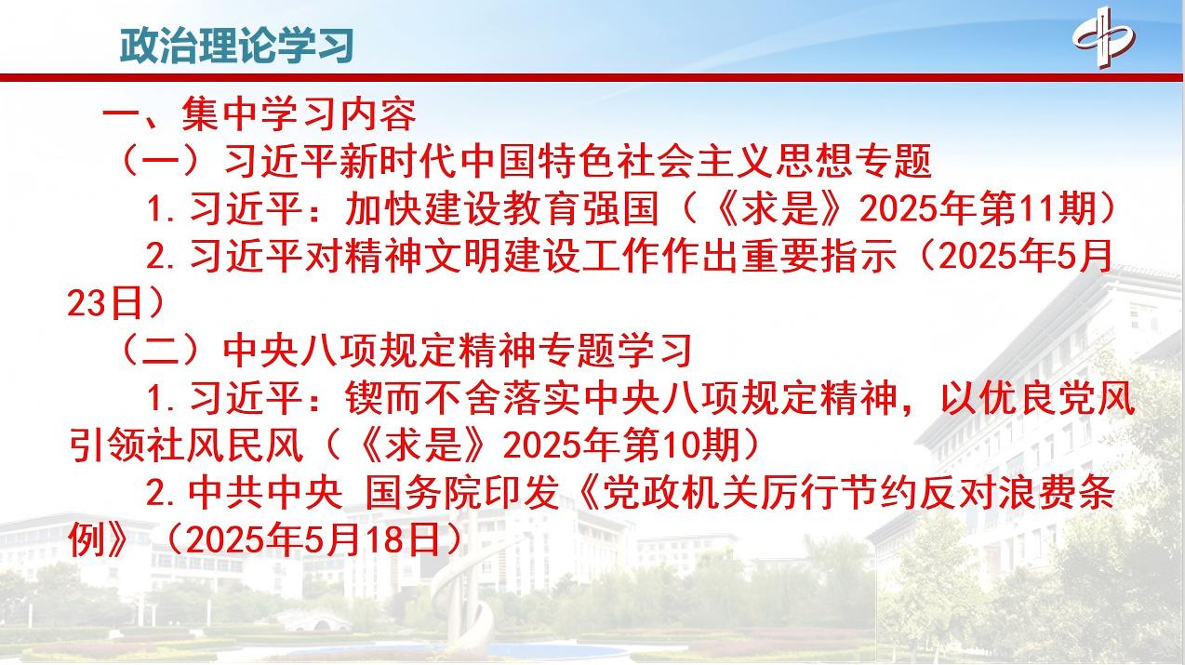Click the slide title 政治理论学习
237,46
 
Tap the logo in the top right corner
1104,37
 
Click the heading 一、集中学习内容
260,114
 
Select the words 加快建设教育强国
501,208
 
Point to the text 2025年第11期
978,208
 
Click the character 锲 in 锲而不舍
364,398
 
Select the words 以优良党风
1038,398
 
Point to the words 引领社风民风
186,445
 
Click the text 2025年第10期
621,445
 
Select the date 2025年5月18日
313,539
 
